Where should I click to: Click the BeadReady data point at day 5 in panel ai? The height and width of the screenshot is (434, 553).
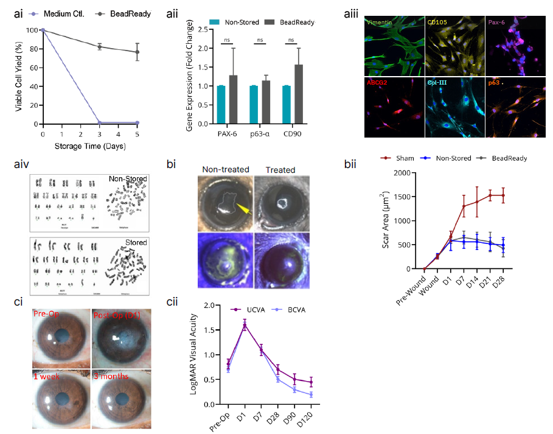pos(137,52)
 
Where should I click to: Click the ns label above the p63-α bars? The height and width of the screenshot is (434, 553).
pos(260,41)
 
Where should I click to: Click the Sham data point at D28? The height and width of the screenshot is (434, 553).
pos(503,195)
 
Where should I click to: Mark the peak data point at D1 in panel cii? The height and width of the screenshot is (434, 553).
pos(245,326)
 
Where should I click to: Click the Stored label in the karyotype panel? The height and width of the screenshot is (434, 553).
pos(136,242)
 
